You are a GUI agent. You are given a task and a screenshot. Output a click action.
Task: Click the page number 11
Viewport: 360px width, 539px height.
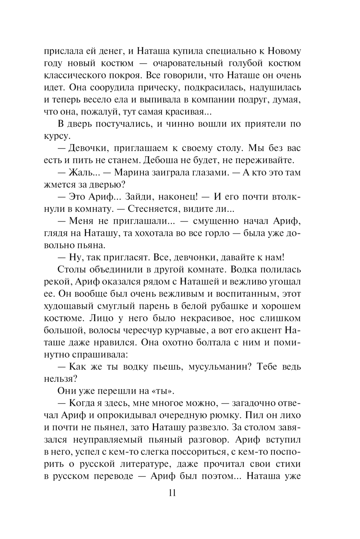coord(172,493)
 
